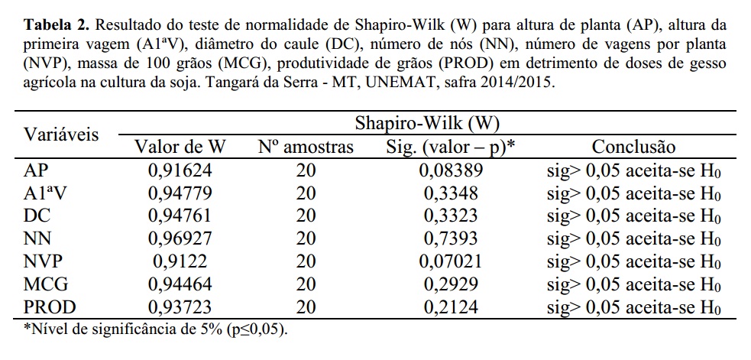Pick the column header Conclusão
[x=633, y=147]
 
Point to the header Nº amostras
[x=306, y=147]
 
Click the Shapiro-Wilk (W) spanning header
[x=428, y=122]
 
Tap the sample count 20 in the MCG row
[x=306, y=284]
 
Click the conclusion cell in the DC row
[x=634, y=216]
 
